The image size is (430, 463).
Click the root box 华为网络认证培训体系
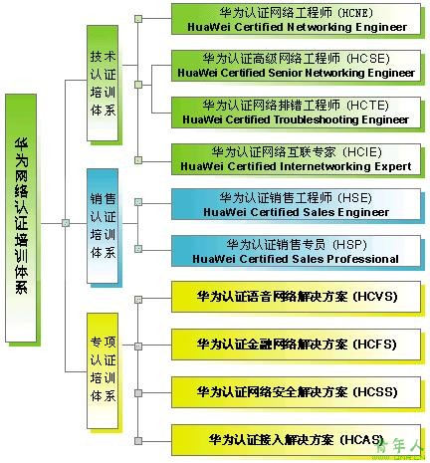click(x=21, y=218)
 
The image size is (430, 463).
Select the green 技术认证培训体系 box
click(x=103, y=83)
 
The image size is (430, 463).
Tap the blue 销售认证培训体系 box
click(x=103, y=226)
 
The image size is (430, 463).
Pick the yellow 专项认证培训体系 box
click(x=103, y=370)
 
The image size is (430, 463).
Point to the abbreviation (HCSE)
click(x=368, y=59)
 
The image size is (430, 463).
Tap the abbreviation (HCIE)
click(x=362, y=152)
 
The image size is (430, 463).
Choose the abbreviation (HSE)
click(x=355, y=198)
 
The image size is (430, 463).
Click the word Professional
click(x=363, y=259)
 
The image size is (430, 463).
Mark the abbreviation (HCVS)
click(x=375, y=297)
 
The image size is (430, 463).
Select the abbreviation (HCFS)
click(x=375, y=345)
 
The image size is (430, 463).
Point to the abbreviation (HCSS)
click(x=375, y=392)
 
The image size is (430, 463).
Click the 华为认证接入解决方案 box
click(x=296, y=440)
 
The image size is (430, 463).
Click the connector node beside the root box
click(x=66, y=223)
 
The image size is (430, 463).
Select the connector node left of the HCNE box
click(x=138, y=19)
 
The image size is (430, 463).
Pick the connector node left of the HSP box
click(x=138, y=249)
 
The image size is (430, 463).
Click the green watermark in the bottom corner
click(x=400, y=449)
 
